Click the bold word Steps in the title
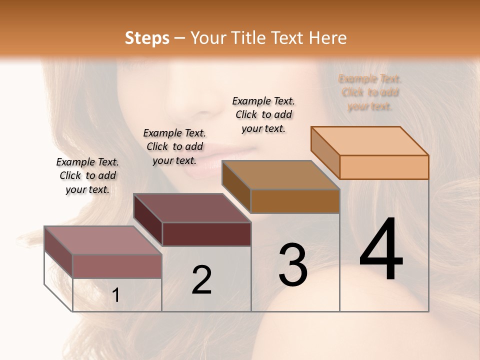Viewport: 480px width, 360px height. tap(147, 38)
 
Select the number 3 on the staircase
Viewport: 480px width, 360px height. tap(292, 265)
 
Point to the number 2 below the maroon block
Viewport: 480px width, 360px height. tap(201, 280)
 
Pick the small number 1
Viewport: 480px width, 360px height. tap(116, 295)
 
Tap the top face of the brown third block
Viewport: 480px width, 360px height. tap(281, 175)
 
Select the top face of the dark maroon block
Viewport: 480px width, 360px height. tap(192, 208)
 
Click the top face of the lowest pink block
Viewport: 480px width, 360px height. tap(103, 240)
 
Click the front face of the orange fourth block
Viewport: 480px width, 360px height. tap(384, 167)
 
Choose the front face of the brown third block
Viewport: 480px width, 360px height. tap(295, 201)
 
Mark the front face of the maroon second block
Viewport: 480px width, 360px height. tap(206, 234)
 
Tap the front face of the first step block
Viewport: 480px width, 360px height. tap(117, 266)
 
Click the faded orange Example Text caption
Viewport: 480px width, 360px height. tap(370, 92)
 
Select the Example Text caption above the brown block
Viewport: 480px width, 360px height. tap(263, 114)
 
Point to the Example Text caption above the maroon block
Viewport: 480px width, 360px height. tap(174, 146)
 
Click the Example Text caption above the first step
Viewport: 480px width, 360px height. tap(87, 175)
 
